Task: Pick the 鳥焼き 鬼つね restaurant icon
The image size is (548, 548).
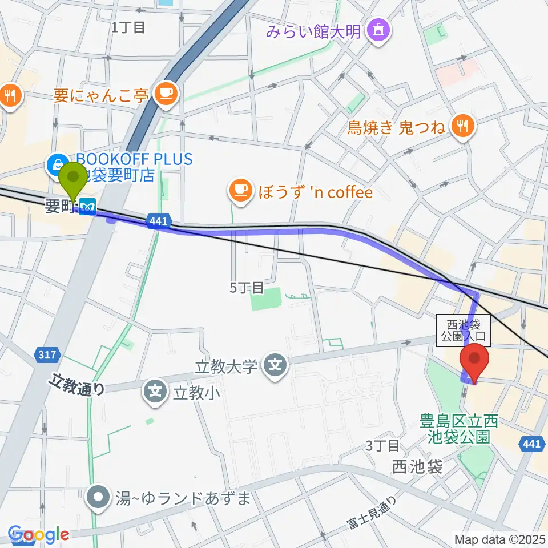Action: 463,127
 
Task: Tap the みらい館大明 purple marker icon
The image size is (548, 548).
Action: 378,29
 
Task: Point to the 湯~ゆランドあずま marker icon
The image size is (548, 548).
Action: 99,498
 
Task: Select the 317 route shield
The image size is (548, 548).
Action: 48,354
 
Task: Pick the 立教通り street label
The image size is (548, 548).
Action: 78,384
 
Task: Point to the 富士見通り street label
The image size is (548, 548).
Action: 372,513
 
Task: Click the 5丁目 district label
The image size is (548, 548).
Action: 247,288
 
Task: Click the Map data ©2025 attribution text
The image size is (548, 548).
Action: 500,539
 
